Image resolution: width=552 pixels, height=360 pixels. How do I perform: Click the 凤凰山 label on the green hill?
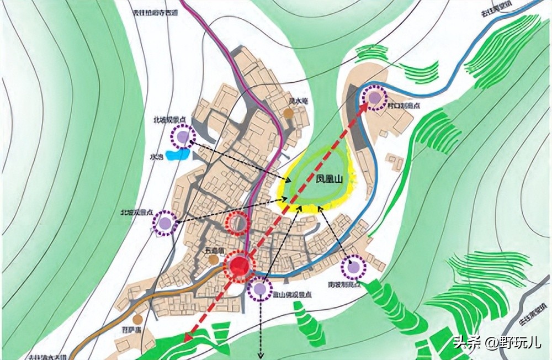click(322, 180)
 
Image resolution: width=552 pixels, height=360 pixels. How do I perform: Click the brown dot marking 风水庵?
click(288, 113)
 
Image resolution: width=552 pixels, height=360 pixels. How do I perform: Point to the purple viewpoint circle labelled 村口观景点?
click(375, 98)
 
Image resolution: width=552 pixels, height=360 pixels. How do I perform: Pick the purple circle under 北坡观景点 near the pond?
click(183, 136)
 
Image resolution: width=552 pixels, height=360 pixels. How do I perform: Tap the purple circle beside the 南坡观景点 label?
click(353, 268)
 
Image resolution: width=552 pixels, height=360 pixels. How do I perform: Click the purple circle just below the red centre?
click(260, 289)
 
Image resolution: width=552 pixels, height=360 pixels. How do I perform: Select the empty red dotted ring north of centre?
click(238, 223)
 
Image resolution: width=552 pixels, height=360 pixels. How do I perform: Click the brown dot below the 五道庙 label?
click(214, 259)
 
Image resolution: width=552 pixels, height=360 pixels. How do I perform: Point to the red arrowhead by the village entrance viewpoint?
click(366, 107)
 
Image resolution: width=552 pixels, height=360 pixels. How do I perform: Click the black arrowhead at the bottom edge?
click(261, 354)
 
